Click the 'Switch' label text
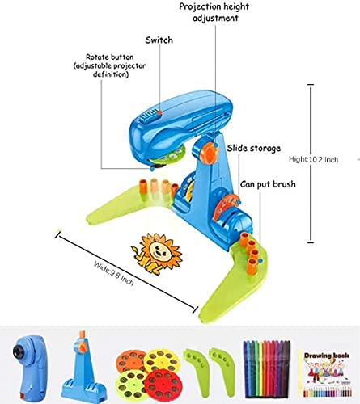click(159, 40)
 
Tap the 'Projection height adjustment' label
click(214, 12)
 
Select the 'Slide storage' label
click(253, 148)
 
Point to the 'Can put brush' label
click(268, 184)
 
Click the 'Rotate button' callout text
click(110, 65)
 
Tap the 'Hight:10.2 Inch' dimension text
click(313, 159)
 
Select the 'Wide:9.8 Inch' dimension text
click(114, 273)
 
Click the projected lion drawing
click(156, 254)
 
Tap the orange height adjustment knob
click(210, 152)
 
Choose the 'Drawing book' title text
click(327, 356)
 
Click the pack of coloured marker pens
click(267, 369)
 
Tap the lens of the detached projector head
click(19, 351)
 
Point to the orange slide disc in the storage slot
click(224, 208)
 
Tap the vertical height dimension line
click(311, 163)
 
